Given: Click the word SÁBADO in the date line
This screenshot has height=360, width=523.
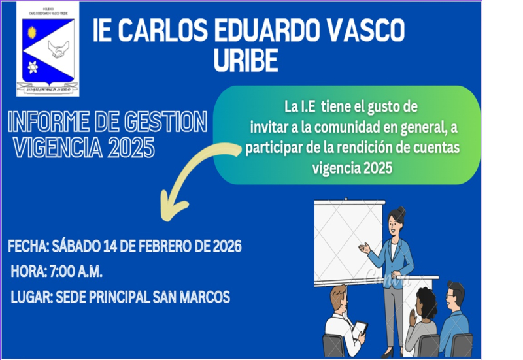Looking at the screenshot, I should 76,247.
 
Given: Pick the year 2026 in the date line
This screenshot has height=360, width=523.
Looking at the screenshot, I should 226,247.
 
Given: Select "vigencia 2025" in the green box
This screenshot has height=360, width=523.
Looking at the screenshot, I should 352,168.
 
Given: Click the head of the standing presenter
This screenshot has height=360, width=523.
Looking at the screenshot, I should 396,221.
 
